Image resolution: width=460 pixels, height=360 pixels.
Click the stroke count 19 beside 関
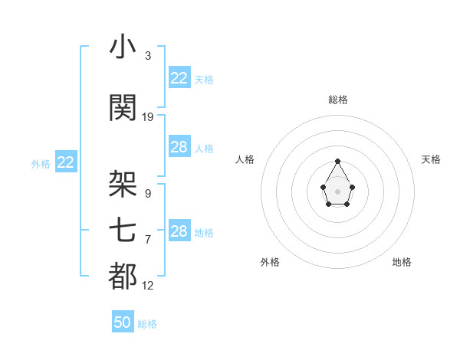tap(148, 117)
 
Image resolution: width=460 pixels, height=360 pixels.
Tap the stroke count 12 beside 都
tap(148, 286)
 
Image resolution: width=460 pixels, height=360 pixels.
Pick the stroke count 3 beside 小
tap(147, 56)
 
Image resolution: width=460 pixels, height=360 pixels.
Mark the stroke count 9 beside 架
tap(147, 193)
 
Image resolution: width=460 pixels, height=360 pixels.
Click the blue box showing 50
tap(123, 322)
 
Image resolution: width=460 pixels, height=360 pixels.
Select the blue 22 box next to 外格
tap(66, 162)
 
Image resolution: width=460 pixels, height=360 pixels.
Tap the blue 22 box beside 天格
tap(179, 77)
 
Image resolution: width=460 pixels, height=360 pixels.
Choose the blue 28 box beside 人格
tap(179, 147)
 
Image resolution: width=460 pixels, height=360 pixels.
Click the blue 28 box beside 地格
tap(179, 231)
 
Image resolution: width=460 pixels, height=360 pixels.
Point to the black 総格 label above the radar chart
tap(338, 100)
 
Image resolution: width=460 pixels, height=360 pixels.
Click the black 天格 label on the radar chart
tap(431, 159)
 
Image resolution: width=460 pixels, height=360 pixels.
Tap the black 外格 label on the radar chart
tap(270, 262)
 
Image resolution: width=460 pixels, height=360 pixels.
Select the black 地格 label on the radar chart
tap(402, 262)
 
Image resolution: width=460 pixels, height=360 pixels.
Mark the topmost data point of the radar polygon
tap(338, 161)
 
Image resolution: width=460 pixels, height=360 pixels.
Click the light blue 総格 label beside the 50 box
tap(147, 324)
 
